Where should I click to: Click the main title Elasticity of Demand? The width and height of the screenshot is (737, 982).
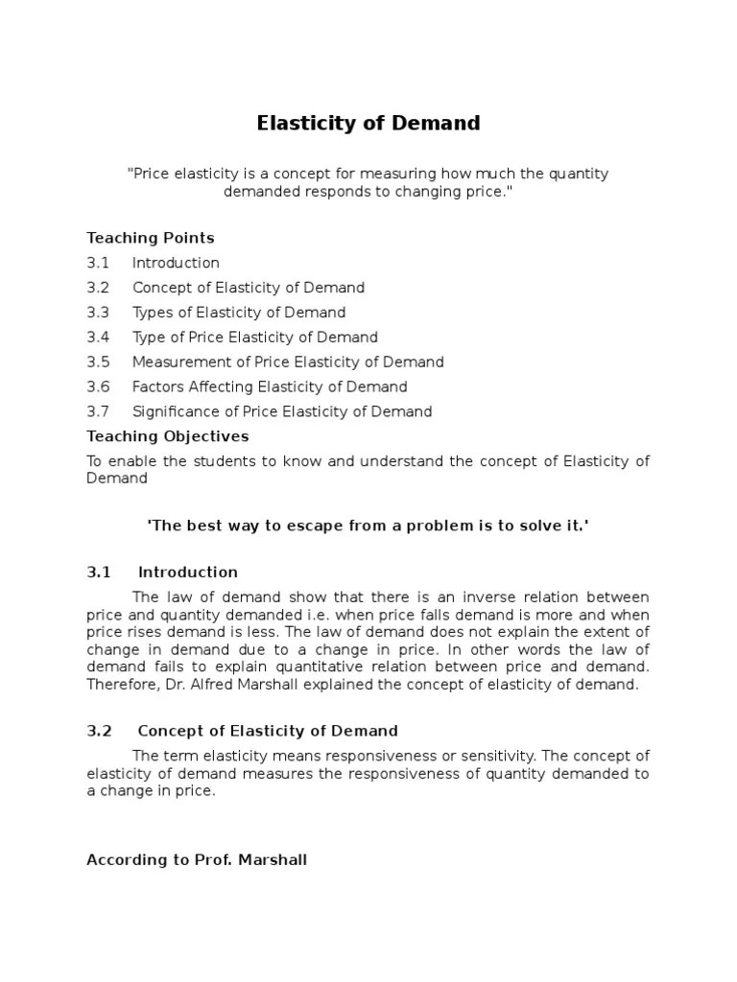368,124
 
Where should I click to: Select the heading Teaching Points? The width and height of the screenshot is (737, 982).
151,238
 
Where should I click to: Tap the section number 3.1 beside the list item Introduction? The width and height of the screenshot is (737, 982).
98,263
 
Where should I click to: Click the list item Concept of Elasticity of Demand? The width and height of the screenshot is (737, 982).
249,288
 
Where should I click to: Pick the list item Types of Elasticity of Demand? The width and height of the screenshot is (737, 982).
239,313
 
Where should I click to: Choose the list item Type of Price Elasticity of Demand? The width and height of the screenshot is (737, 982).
255,338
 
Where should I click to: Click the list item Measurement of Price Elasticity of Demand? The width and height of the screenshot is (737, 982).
288,362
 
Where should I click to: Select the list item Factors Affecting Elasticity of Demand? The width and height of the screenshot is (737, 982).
270,387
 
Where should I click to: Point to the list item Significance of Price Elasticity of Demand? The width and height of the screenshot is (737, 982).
282,412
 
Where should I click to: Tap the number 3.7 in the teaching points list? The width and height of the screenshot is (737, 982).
98,412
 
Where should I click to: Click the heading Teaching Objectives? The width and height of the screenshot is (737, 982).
168,436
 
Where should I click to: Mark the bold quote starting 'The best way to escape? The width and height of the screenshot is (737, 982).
368,527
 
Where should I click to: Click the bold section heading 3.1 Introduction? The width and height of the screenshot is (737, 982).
162,573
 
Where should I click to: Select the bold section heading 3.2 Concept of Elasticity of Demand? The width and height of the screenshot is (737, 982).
242,731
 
